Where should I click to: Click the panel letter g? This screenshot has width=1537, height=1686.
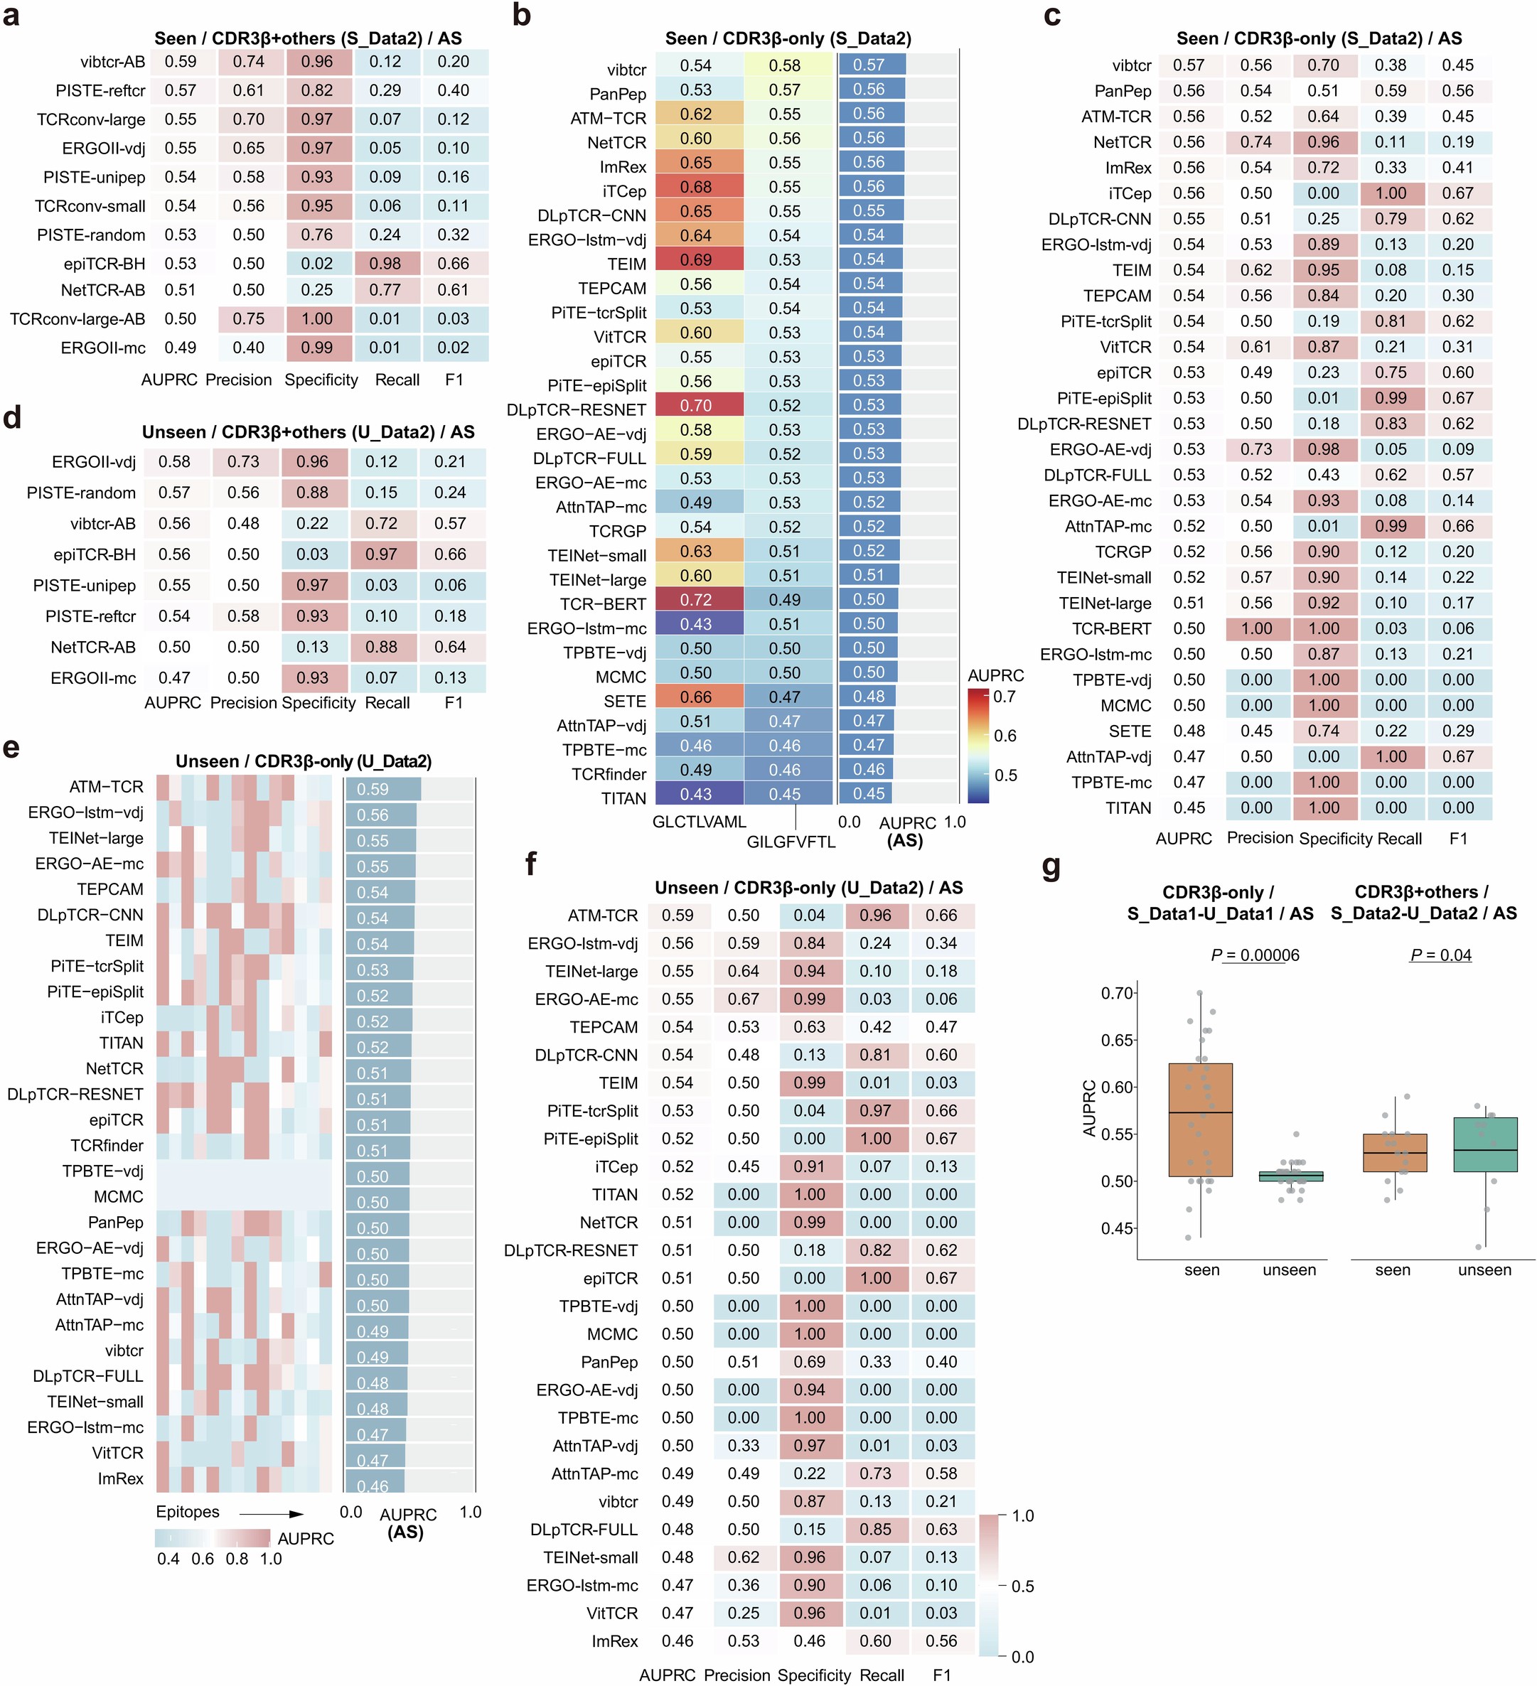(x=1051, y=867)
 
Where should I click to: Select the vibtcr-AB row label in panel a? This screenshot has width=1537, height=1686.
(x=112, y=62)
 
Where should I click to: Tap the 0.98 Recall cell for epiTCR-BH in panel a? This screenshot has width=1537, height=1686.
(x=385, y=264)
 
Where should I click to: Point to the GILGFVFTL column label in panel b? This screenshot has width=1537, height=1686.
(x=791, y=842)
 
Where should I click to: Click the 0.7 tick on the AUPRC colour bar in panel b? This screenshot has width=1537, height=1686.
(x=1005, y=697)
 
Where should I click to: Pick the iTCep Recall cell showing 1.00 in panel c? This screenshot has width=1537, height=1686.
(x=1390, y=193)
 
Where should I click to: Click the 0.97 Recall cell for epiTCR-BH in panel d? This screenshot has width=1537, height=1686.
(x=381, y=554)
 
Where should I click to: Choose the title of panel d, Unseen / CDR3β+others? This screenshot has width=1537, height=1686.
(x=308, y=431)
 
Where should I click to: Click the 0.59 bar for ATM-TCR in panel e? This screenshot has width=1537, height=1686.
(x=381, y=789)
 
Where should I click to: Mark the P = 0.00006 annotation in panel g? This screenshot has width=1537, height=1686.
(x=1254, y=955)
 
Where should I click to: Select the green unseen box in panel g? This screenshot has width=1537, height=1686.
(x=1484, y=1144)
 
